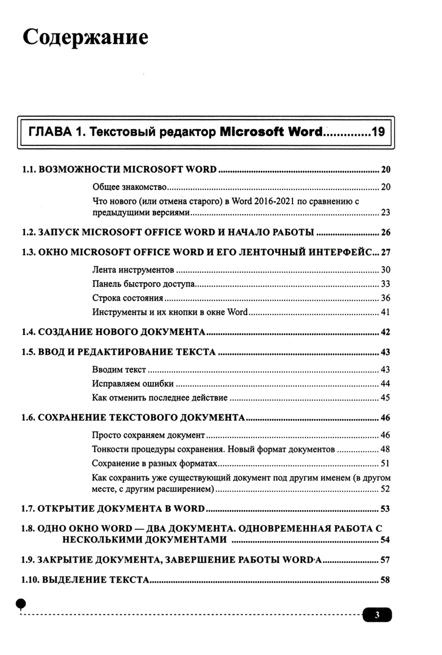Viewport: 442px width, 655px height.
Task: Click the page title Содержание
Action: tap(85, 37)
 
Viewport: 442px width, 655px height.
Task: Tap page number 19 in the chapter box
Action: tap(378, 132)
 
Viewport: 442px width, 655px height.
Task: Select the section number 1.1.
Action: tap(29, 170)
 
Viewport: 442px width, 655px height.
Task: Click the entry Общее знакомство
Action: tap(129, 187)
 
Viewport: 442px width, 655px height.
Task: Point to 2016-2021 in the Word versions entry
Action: tap(274, 201)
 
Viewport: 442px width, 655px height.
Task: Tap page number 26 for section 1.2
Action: tap(385, 233)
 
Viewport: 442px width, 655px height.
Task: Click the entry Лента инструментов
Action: tap(133, 270)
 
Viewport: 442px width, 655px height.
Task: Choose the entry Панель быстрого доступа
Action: tap(143, 284)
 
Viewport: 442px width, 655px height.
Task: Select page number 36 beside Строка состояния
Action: tap(385, 298)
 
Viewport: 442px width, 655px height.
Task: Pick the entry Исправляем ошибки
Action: tap(133, 384)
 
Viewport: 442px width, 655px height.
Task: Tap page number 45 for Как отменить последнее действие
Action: tap(385, 398)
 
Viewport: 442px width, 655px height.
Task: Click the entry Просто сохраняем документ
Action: tap(148, 435)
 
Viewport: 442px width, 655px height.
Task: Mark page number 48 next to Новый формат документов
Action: tap(385, 450)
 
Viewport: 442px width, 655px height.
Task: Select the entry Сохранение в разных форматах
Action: tap(154, 464)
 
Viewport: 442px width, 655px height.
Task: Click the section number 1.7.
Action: tap(28, 509)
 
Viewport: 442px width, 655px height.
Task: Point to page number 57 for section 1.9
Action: tap(385, 560)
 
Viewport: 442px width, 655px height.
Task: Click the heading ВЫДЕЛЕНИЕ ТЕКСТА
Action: tap(95, 580)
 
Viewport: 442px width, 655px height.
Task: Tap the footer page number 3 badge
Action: tap(377, 615)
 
